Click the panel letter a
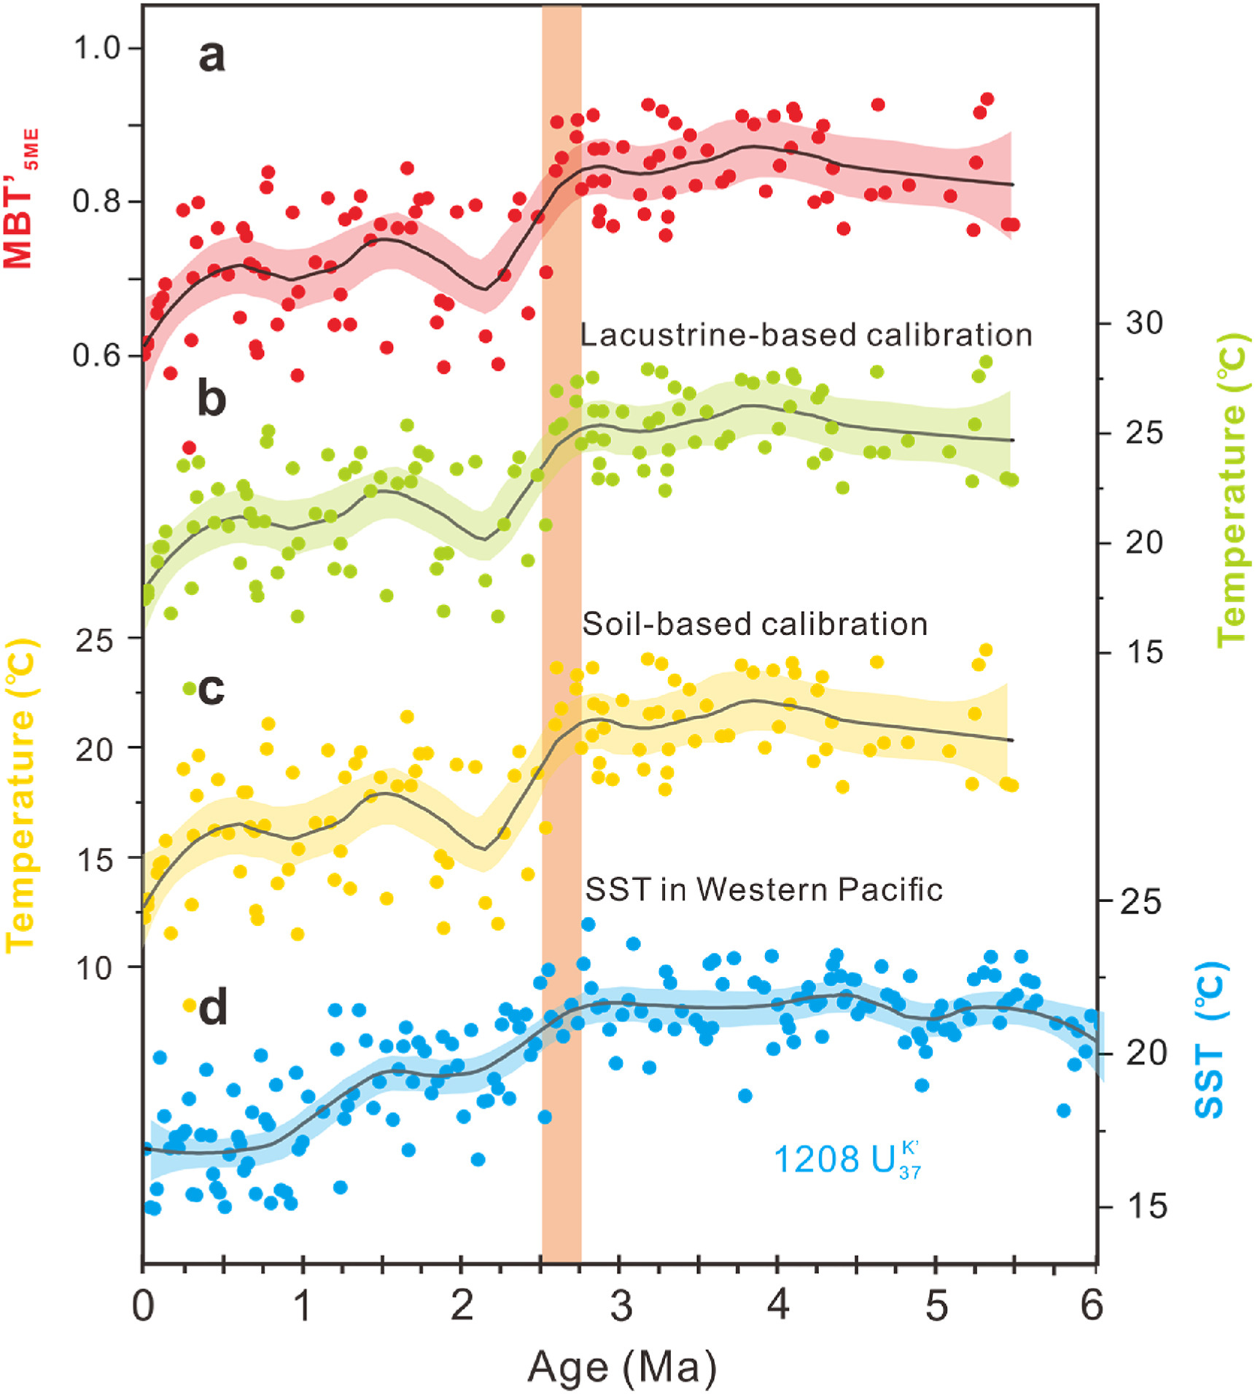pyautogui.click(x=211, y=56)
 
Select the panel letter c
pyautogui.click(x=211, y=688)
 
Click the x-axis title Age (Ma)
pyautogui.click(x=621, y=1366)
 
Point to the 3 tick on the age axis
pyautogui.click(x=621, y=1304)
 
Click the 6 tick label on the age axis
pyautogui.click(x=1092, y=1304)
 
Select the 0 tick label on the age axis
pyautogui.click(x=144, y=1304)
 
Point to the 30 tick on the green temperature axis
pyautogui.click(x=1144, y=322)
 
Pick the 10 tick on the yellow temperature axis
pyautogui.click(x=95, y=967)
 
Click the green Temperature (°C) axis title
pyautogui.click(x=1232, y=488)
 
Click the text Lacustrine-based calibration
pyautogui.click(x=806, y=335)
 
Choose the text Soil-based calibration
pyautogui.click(x=755, y=625)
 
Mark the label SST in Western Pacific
pyautogui.click(x=764, y=889)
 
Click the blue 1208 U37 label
pyautogui.click(x=846, y=1159)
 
